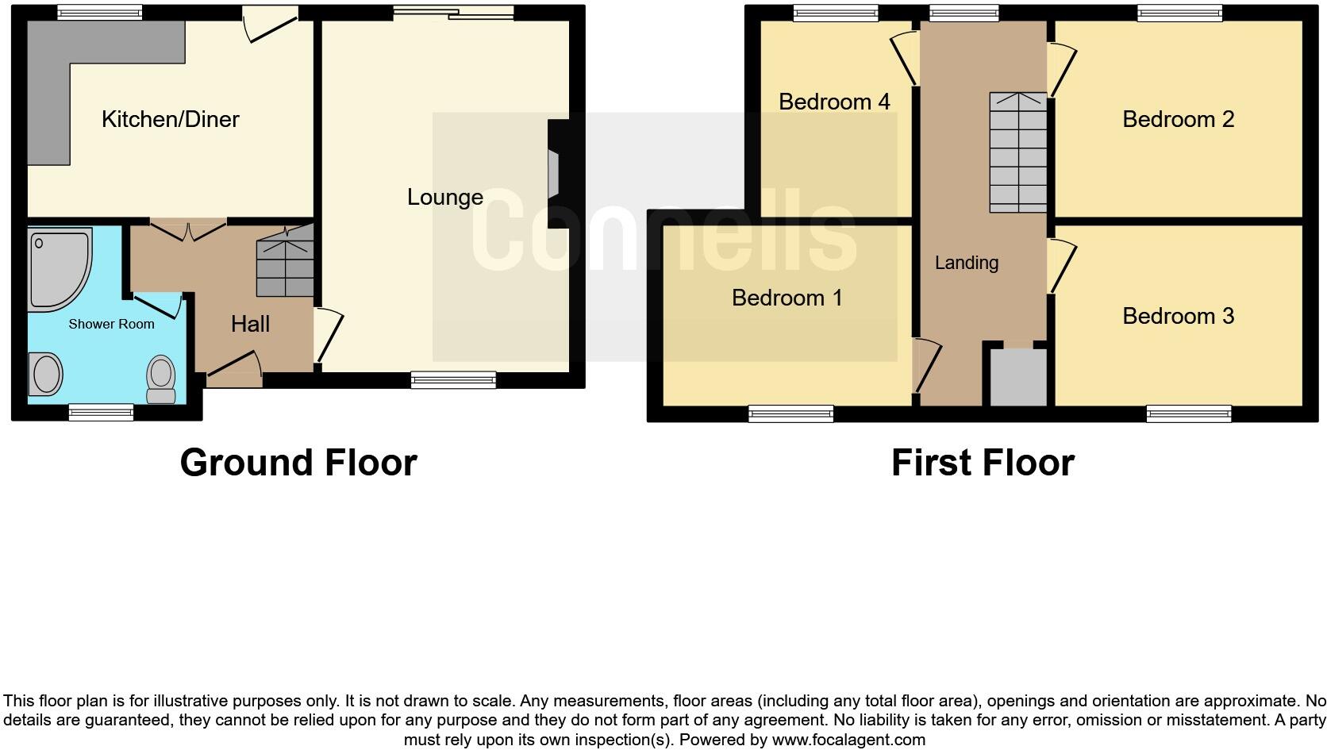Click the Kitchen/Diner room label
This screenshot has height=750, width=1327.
pos(170,119)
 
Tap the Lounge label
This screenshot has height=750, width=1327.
pos(444,197)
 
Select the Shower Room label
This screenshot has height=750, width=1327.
pos(111,324)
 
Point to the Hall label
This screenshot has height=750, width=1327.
pos(250,324)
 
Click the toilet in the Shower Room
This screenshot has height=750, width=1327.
pos(161,379)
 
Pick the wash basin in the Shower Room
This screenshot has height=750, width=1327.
pos(46,374)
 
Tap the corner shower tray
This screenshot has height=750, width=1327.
pos(56,266)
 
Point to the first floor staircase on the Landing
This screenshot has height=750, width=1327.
pos(1017,152)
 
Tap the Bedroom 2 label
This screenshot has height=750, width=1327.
pos(1178,119)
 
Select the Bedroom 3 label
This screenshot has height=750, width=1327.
pos(1178,316)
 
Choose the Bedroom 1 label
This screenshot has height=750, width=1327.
pos(787,298)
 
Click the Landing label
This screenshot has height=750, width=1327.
pos(966,263)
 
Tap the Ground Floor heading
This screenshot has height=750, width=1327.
pos(298,463)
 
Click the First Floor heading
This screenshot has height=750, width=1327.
pos(983,463)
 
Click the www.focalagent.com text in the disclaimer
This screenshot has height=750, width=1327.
pos(848,740)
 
